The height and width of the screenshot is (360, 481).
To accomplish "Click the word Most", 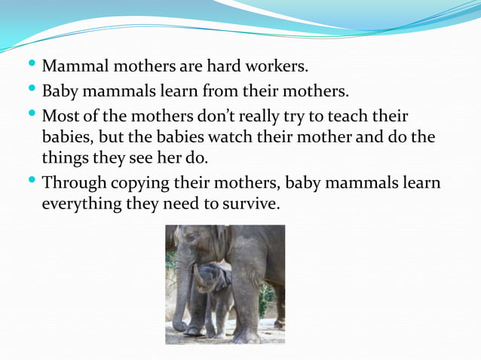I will pos(60,117).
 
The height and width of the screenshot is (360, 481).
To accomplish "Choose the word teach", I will pos(354,117).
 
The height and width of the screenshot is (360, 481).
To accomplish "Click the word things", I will pos(64,160).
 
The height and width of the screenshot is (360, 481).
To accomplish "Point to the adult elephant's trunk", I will pos(182,294).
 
